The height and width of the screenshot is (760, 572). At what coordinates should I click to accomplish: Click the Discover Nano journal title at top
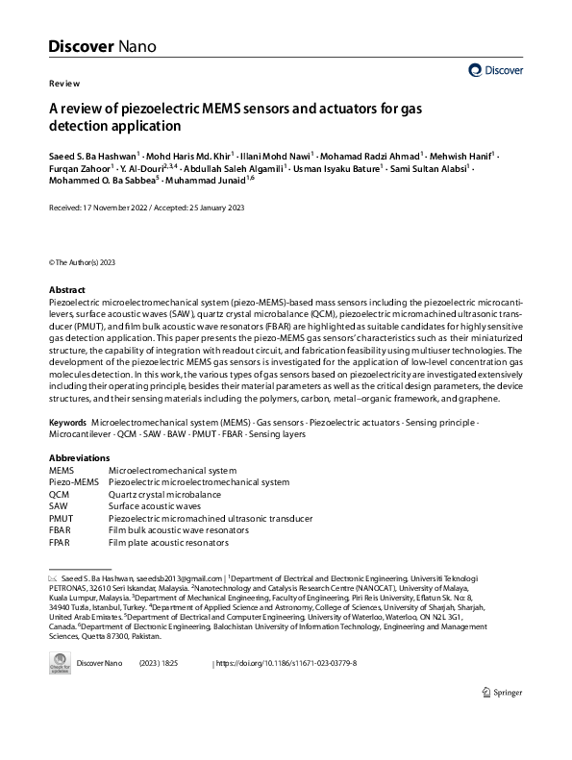click(x=101, y=45)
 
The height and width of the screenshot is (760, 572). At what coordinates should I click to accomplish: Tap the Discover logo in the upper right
click(x=494, y=70)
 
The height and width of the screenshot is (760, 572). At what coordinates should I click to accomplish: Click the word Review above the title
click(x=63, y=84)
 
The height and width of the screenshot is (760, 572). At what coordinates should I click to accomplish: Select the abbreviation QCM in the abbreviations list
click(x=59, y=494)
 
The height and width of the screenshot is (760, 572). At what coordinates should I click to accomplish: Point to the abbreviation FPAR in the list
click(x=60, y=543)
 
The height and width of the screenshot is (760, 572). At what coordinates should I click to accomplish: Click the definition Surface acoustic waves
click(x=155, y=506)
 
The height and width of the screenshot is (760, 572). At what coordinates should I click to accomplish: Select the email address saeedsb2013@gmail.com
click(x=180, y=579)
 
